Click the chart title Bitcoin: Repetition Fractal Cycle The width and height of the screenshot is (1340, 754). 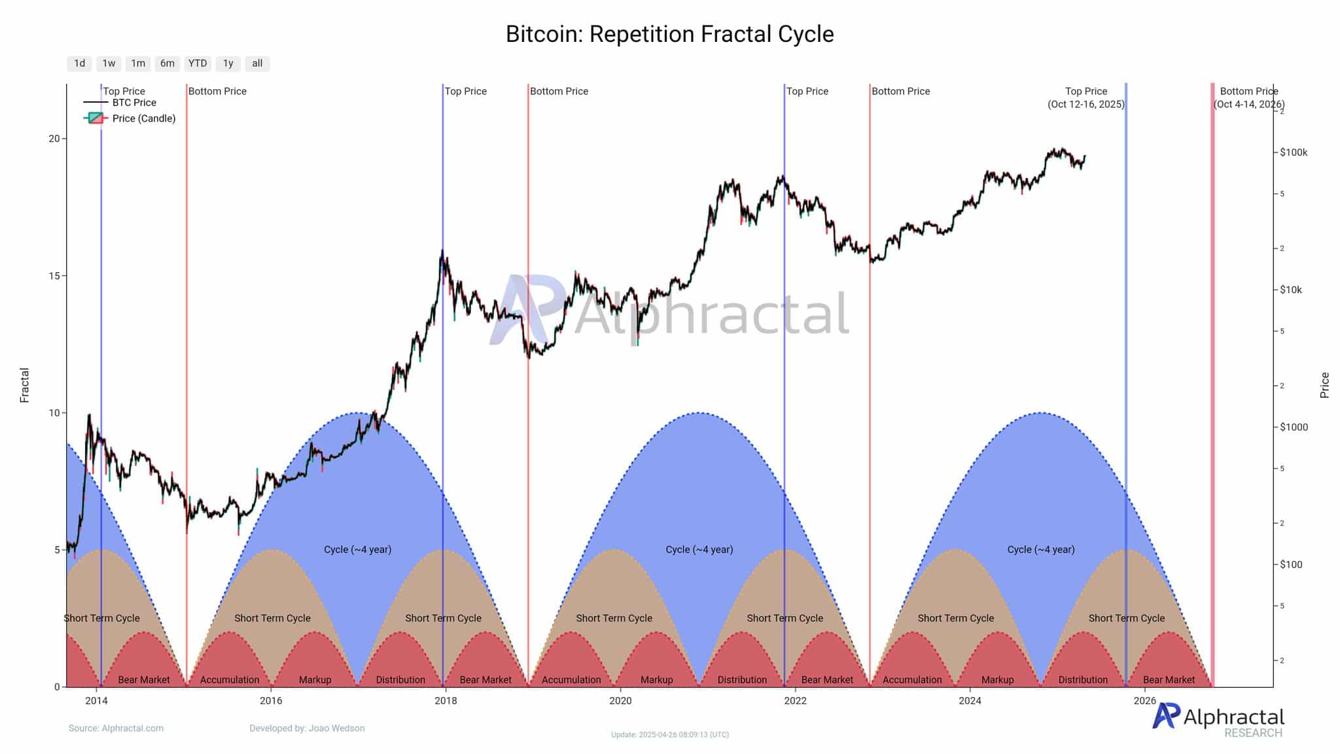point(669,34)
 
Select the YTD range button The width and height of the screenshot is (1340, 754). point(197,63)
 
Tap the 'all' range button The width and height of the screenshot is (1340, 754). point(257,63)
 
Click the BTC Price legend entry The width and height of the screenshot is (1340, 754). point(133,103)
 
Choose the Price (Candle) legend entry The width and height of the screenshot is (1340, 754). point(143,118)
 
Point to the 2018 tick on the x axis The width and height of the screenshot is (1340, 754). point(446,701)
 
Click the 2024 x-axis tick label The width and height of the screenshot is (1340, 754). point(970,701)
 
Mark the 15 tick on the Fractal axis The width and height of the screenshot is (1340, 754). point(54,276)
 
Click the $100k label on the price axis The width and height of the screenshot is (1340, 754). point(1294,153)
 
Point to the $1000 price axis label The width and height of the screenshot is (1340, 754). point(1294,427)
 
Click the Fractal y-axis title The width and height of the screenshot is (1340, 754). point(25,385)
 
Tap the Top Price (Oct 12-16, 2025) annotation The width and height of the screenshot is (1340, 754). point(1086,98)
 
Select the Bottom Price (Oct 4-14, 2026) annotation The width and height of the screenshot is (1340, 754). point(1248,98)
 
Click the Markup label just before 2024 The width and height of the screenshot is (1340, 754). point(997,680)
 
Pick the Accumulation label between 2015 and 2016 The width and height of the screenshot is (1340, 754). point(230,680)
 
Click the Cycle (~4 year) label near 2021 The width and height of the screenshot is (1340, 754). point(699,550)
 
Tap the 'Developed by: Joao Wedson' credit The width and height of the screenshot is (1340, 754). point(307,728)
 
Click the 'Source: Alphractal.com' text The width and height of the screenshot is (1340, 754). point(116,728)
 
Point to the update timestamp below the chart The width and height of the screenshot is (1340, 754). point(669,735)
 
